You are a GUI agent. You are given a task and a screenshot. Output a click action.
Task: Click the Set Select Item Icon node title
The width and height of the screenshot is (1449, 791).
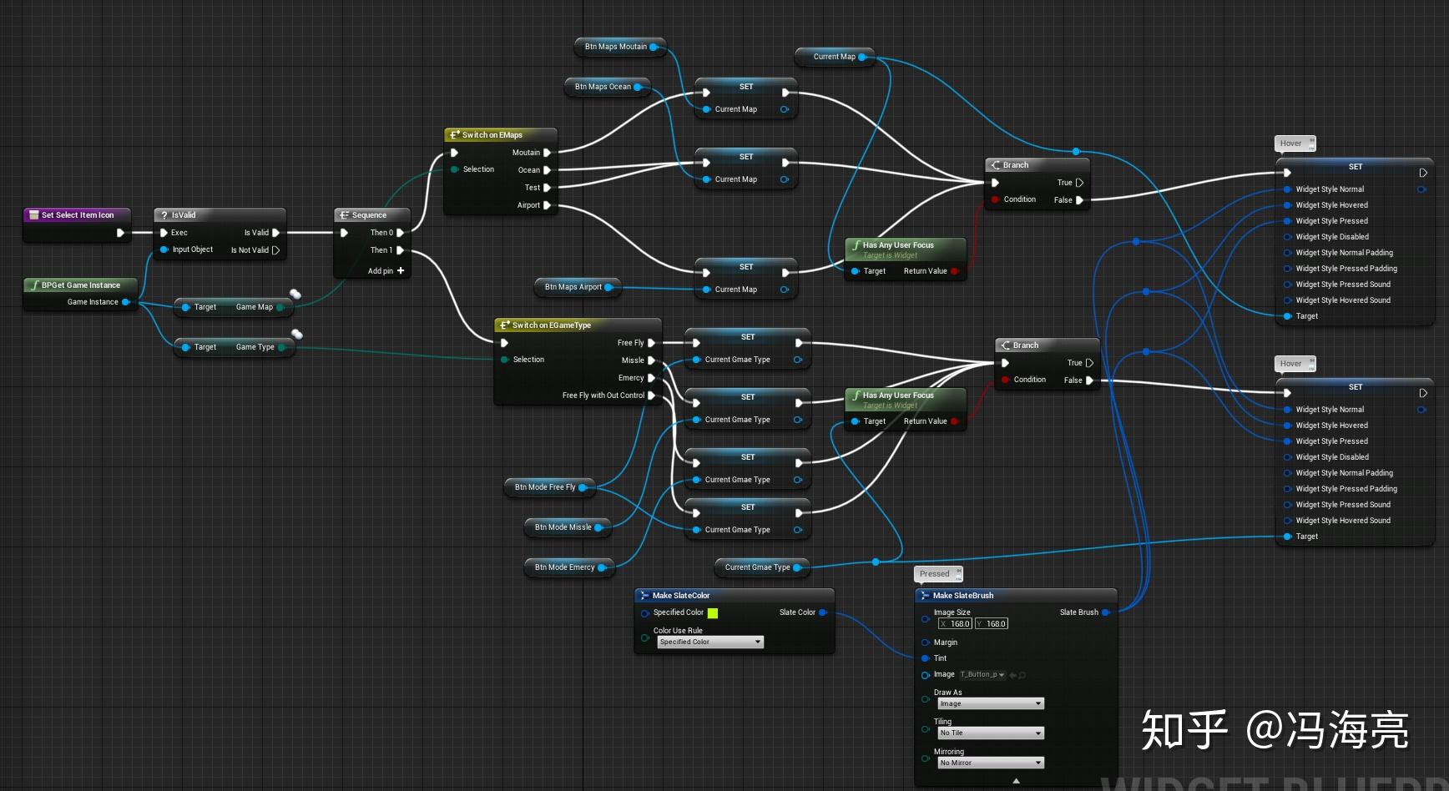[77, 214]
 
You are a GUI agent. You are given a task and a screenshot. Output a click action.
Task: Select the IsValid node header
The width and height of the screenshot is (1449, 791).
[184, 214]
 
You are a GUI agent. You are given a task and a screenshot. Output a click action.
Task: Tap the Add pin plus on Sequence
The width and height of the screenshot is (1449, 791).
[401, 270]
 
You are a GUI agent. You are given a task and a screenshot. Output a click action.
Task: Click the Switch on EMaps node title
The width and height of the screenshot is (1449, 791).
[492, 134]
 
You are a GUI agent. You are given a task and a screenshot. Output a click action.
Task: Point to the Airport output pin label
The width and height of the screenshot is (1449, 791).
[528, 205]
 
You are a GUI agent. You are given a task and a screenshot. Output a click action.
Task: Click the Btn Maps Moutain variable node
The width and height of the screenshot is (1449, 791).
[616, 47]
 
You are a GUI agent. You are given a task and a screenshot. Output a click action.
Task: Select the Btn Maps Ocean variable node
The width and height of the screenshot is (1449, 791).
[603, 87]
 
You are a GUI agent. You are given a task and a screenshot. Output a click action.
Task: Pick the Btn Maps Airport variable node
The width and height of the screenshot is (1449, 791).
[573, 287]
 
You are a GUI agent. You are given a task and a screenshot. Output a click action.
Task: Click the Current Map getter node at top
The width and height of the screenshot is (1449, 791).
[834, 57]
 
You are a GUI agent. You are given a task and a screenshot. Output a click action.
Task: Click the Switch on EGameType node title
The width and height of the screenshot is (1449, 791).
[551, 325]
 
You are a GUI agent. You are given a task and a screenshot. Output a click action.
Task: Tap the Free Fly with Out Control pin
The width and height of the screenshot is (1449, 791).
[603, 395]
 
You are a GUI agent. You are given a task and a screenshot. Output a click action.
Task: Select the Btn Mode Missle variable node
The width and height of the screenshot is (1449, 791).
[563, 527]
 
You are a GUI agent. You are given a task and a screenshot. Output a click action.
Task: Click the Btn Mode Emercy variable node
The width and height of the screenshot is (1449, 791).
[564, 567]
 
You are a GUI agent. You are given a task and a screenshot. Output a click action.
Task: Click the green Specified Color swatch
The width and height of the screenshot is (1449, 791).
[713, 613]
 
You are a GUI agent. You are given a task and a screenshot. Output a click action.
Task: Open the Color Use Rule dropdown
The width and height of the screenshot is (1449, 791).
[709, 642]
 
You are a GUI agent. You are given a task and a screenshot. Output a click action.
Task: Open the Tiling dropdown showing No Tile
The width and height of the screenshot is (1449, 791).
[990, 733]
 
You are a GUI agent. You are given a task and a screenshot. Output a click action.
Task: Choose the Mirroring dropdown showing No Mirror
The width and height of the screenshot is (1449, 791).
[990, 763]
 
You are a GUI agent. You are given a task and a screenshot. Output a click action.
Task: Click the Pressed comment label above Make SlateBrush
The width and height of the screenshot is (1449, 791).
[935, 574]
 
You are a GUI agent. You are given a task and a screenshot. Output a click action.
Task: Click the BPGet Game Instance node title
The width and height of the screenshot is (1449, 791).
[80, 285]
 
